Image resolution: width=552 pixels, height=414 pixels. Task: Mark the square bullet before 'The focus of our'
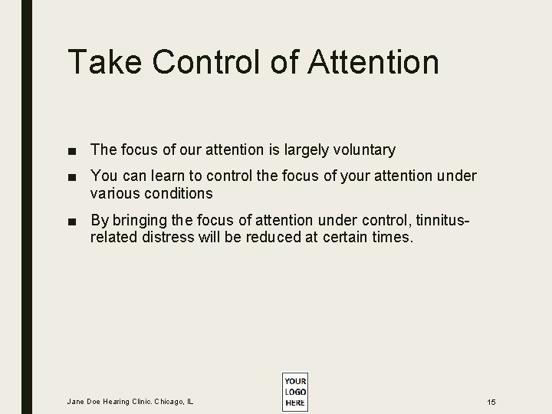coord(72,150)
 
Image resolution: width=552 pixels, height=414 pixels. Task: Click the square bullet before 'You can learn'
coord(72,177)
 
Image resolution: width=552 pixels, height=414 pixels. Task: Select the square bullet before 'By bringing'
coord(72,222)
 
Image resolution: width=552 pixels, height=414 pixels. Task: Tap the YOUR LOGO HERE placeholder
coord(294,392)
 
